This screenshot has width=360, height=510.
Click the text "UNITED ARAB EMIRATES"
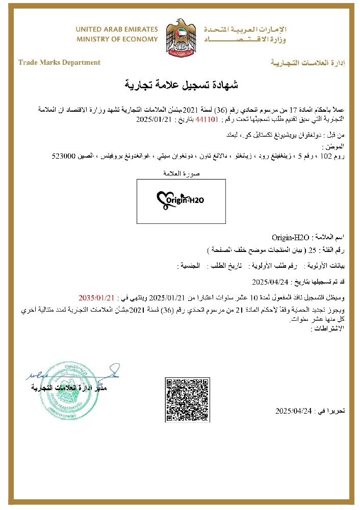[x=117, y=30]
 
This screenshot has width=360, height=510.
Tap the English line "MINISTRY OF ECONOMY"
[x=117, y=39]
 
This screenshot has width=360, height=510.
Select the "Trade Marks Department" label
[x=59, y=63]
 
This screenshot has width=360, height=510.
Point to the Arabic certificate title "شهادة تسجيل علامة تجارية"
[x=182, y=84]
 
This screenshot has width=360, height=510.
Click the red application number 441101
[x=210, y=120]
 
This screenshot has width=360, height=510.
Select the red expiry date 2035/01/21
[x=93, y=297]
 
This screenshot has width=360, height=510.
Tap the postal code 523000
[x=64, y=157]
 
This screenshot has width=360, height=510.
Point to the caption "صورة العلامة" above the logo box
[x=182, y=174]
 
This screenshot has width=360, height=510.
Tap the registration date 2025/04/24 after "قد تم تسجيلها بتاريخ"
[x=271, y=281]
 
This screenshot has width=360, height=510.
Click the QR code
[x=188, y=400]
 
